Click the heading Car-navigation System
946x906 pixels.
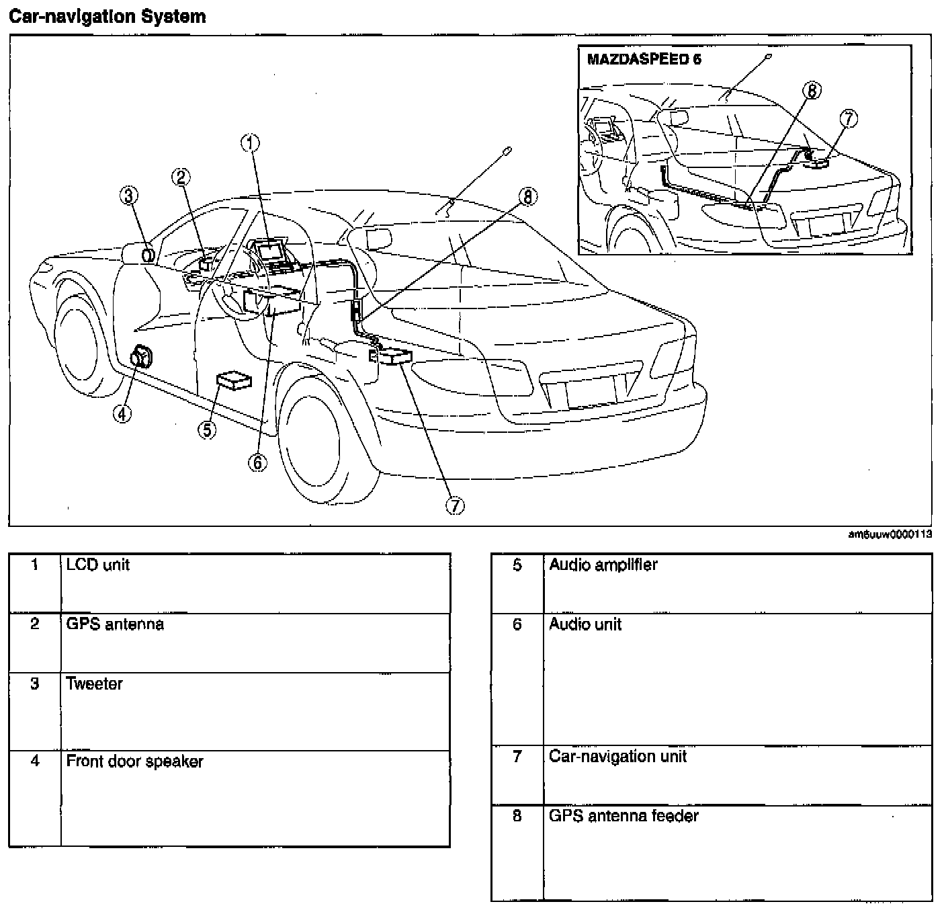pyautogui.click(x=107, y=17)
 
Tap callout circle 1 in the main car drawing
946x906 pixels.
pyautogui.click(x=251, y=142)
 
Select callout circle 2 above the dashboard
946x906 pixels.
pyautogui.click(x=180, y=177)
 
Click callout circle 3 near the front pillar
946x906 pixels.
pyautogui.click(x=129, y=196)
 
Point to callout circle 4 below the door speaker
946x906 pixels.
pyautogui.click(x=122, y=414)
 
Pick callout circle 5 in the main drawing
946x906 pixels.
pyautogui.click(x=208, y=429)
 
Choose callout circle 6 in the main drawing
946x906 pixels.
pyautogui.click(x=257, y=462)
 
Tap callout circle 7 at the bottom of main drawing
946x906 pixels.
pyautogui.click(x=455, y=506)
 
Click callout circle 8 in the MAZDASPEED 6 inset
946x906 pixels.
pyautogui.click(x=812, y=90)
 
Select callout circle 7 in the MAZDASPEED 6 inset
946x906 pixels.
pyautogui.click(x=849, y=119)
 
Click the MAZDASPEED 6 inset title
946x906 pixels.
pyautogui.click(x=644, y=59)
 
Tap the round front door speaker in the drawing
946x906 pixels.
pyautogui.click(x=142, y=357)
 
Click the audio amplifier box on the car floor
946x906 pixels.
pyautogui.click(x=234, y=380)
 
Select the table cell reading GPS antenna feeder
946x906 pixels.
pyautogui.click(x=623, y=816)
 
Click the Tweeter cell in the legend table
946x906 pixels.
pyautogui.click(x=95, y=684)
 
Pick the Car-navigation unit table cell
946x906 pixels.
pyautogui.click(x=617, y=757)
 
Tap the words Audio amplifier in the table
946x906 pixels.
pyautogui.click(x=603, y=565)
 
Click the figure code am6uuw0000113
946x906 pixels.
pyautogui.click(x=890, y=535)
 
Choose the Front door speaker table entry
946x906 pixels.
pyautogui.click(x=134, y=761)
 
